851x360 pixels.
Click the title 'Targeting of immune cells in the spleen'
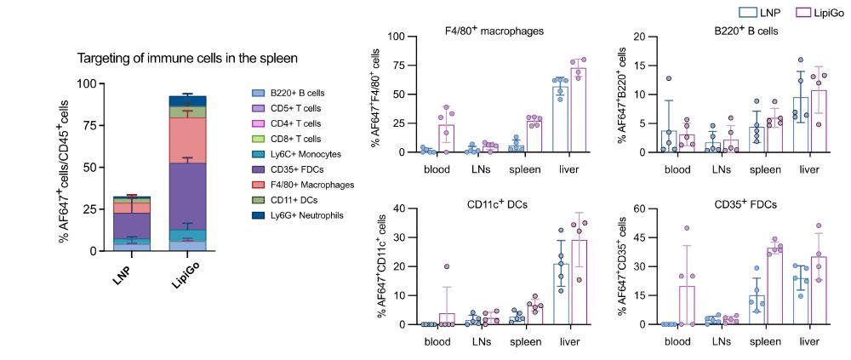pyautogui.click(x=187, y=59)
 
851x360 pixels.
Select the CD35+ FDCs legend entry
pyautogui.click(x=294, y=169)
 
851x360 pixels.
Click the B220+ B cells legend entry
pyautogui.click(x=294, y=93)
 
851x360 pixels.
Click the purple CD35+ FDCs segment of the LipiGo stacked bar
pyautogui.click(x=187, y=196)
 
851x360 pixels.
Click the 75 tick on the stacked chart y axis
pyautogui.click(x=86, y=126)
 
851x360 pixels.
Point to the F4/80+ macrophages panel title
pyautogui.click(x=494, y=31)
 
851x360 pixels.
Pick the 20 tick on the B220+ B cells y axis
pyautogui.click(x=651, y=37)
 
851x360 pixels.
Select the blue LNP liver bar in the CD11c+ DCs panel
pyautogui.click(x=561, y=294)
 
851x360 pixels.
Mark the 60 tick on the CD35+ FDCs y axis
pyautogui.click(x=651, y=209)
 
